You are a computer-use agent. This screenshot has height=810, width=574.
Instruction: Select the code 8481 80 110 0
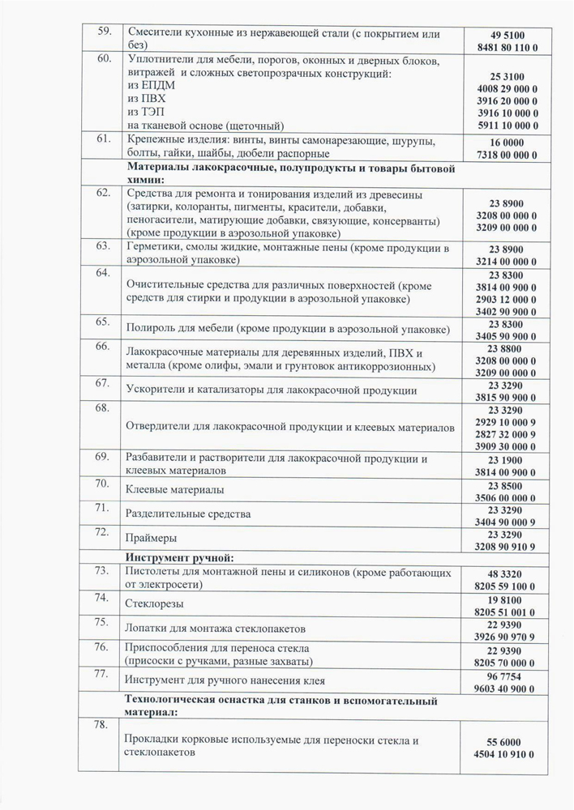508,49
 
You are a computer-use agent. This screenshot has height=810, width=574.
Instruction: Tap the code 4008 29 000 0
508,87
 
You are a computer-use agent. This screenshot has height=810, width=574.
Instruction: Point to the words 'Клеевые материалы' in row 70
175,489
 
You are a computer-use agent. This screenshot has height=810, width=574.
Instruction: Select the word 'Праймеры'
152,538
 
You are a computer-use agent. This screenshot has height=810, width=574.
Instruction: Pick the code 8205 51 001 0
508,610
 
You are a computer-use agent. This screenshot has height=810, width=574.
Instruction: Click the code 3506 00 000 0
508,497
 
